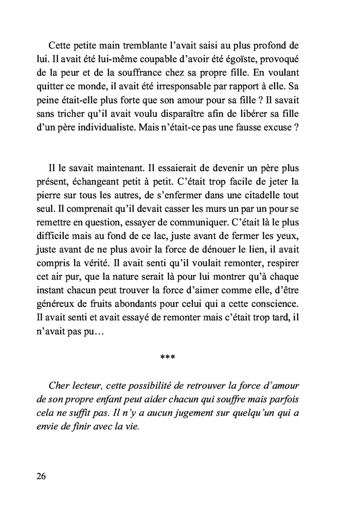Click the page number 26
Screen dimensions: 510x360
pos(42,476)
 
